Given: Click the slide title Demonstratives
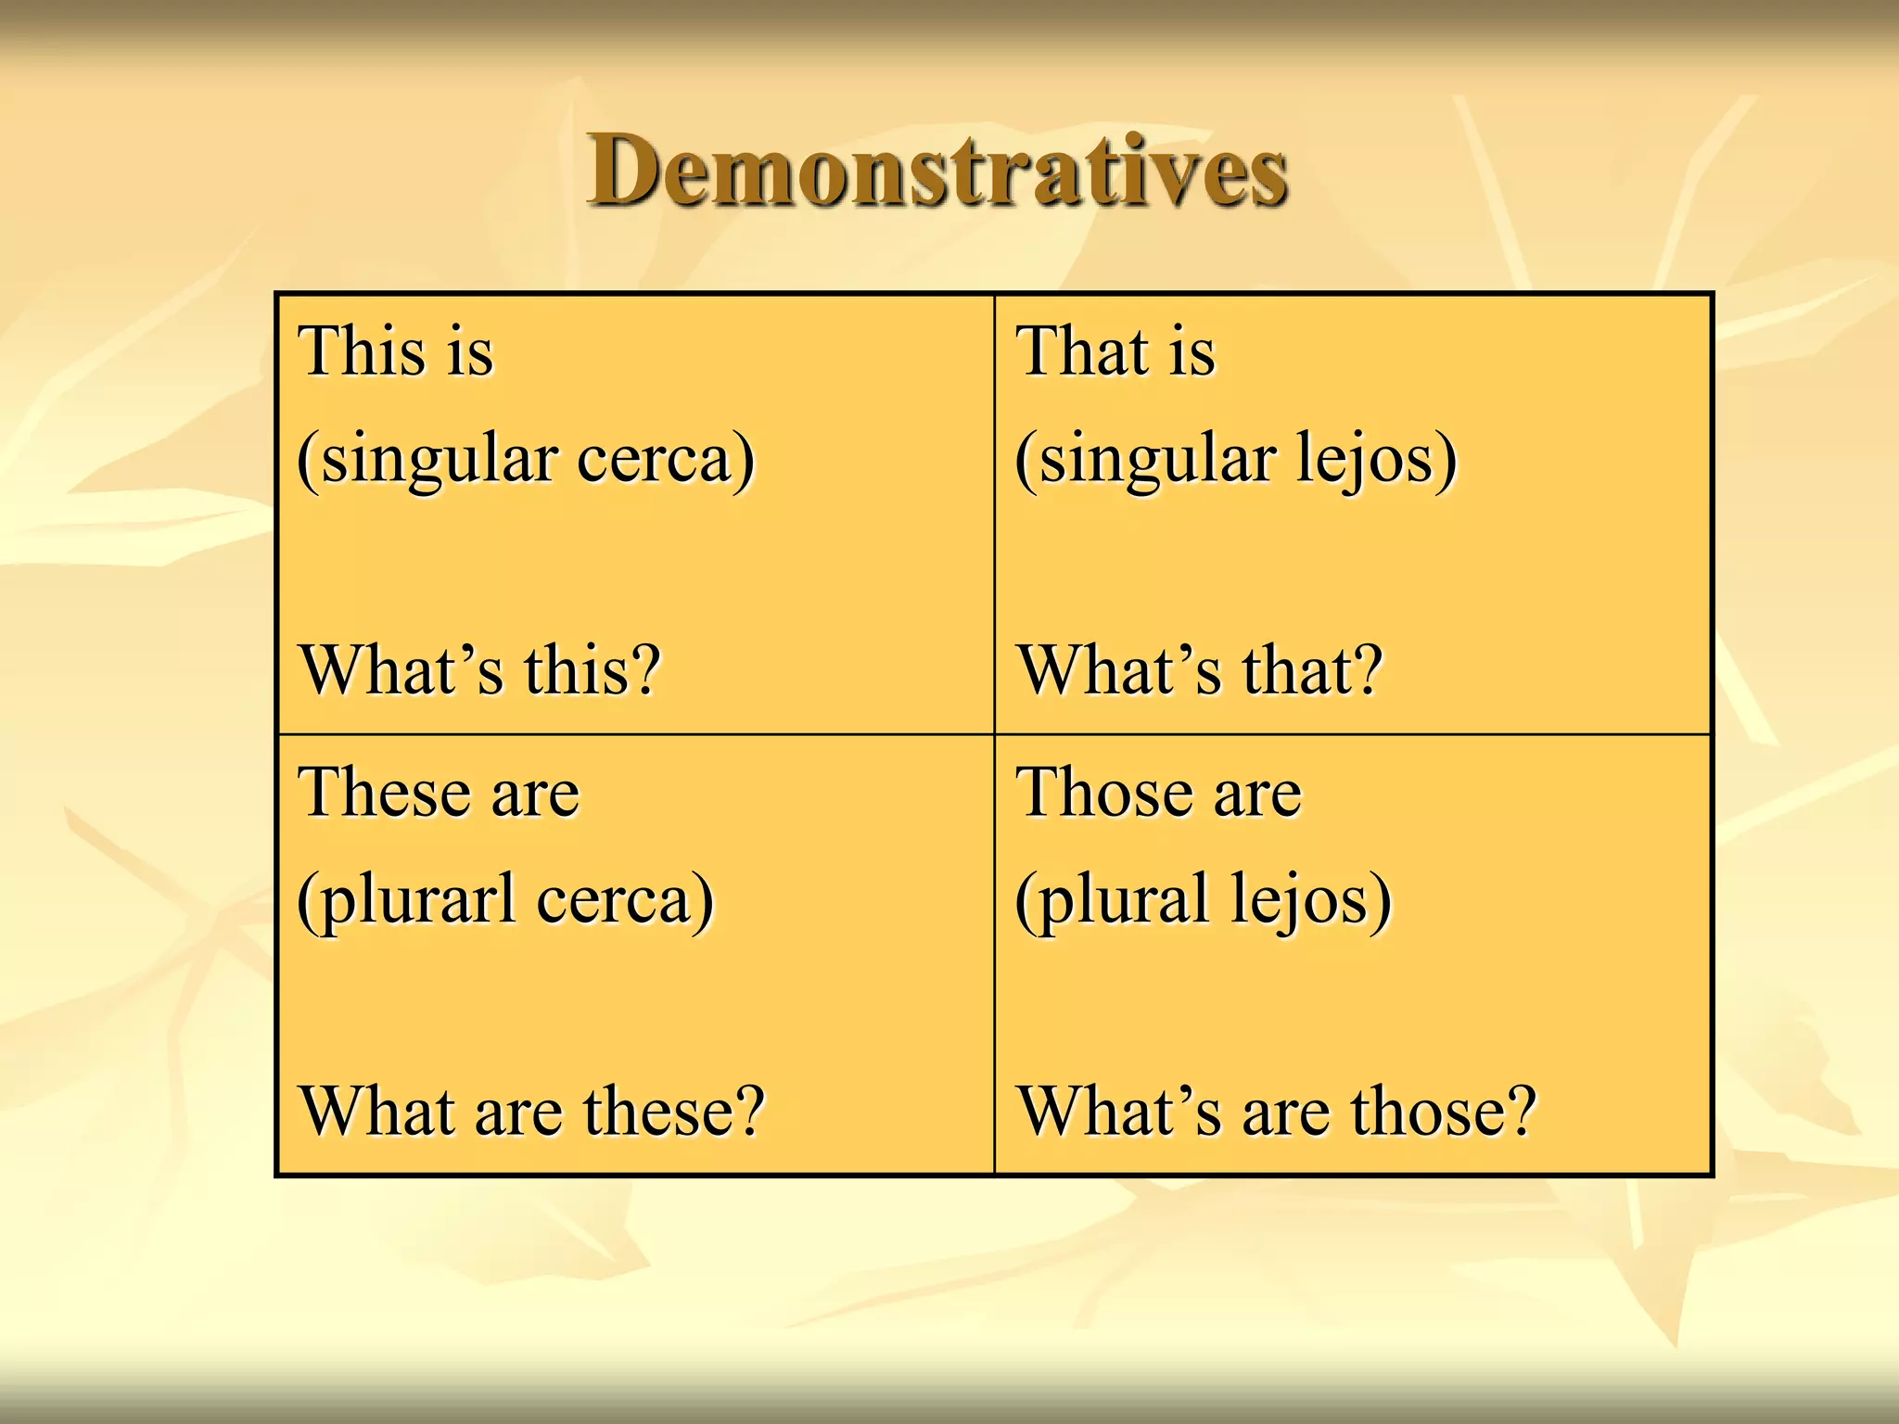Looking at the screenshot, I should pyautogui.click(x=937, y=172).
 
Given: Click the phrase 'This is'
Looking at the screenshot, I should pyautogui.click(x=396, y=352).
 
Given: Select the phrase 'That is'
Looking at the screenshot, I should pyautogui.click(x=1115, y=352).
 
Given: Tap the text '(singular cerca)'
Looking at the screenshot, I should pyautogui.click(x=526, y=460).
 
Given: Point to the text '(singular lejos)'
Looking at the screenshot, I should pyautogui.click(x=1236, y=460).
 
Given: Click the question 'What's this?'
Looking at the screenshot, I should pyautogui.click(x=480, y=669).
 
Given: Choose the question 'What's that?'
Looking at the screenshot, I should pyautogui.click(x=1201, y=669).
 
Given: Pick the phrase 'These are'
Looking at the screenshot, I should pyautogui.click(x=439, y=794).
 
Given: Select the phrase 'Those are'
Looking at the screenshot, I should pyautogui.click(x=1159, y=794).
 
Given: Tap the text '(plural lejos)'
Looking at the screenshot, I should pyautogui.click(x=1204, y=900).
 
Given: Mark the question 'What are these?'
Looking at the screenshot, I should pyautogui.click(x=532, y=1111).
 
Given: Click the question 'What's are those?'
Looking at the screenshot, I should pyautogui.click(x=1277, y=1111).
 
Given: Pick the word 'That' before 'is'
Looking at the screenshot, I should pyautogui.click(x=1083, y=352).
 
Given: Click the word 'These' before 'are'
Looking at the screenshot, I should pyautogui.click(x=382, y=794).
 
